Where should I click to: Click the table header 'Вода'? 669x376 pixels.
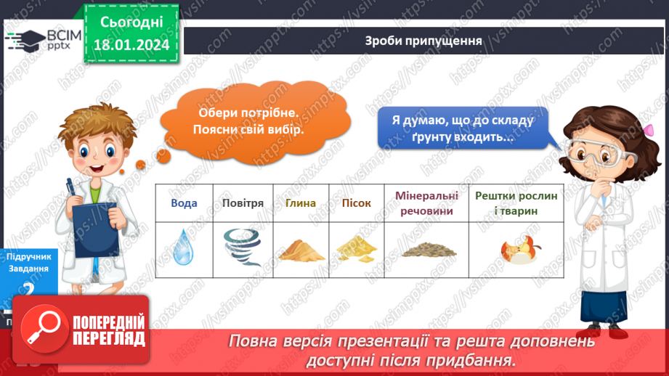184,203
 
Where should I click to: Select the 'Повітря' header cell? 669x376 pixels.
243,203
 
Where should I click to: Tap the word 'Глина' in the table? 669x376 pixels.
300,203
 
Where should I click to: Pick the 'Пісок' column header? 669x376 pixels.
356,203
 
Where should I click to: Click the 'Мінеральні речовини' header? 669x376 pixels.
427,203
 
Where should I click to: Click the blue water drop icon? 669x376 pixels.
184,247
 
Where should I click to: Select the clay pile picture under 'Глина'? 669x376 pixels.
300,250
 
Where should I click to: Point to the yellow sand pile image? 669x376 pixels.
356,249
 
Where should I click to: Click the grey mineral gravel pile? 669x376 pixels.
429,250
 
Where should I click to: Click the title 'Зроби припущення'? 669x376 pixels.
423,41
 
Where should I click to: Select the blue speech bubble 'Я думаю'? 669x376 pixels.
463,128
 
